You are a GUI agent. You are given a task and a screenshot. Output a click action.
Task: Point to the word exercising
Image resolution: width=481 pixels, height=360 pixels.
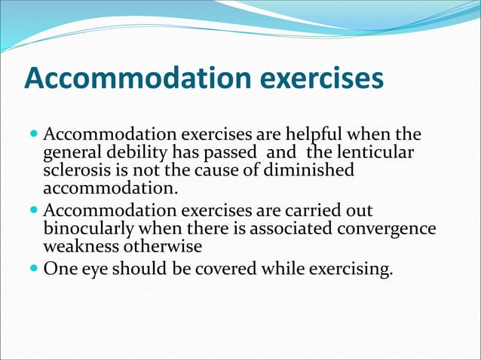click(354, 270)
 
